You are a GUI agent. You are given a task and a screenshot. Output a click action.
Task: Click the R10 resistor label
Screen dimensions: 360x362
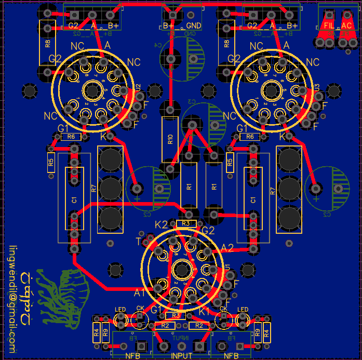[170, 139]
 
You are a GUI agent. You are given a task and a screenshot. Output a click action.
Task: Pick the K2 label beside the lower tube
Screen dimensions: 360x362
[162, 225]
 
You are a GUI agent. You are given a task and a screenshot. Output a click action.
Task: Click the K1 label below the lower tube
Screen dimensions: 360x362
[204, 311]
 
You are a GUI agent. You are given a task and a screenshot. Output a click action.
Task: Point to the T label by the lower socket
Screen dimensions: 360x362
[138, 242]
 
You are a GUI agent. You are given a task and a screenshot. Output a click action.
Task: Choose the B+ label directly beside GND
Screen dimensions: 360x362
[169, 25]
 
